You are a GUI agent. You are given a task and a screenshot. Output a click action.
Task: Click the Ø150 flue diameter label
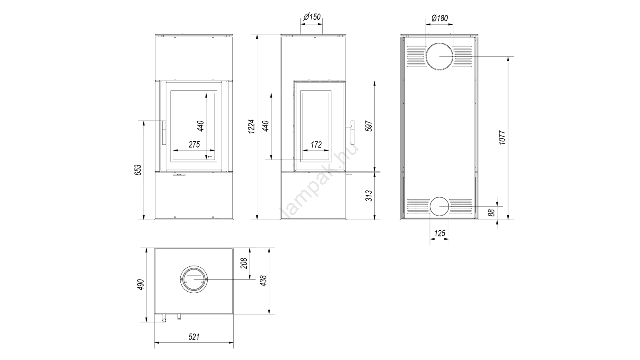coord(312,17)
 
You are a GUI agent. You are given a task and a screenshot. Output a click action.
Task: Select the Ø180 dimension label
coord(440,18)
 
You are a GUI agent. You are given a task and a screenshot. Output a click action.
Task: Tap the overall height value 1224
coord(252,126)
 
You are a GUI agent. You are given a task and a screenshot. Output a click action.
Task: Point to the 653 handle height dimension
coord(138,170)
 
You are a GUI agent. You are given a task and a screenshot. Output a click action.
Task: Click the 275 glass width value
coord(194,144)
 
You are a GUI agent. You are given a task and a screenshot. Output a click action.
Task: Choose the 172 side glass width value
coord(316,144)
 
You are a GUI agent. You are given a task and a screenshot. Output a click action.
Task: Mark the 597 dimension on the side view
coord(370,126)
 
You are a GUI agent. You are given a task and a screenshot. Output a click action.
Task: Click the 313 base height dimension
coord(370,196)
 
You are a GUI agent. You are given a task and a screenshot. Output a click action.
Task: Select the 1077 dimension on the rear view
coord(502,138)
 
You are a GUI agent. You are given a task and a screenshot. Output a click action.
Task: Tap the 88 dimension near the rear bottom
coord(492,213)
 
